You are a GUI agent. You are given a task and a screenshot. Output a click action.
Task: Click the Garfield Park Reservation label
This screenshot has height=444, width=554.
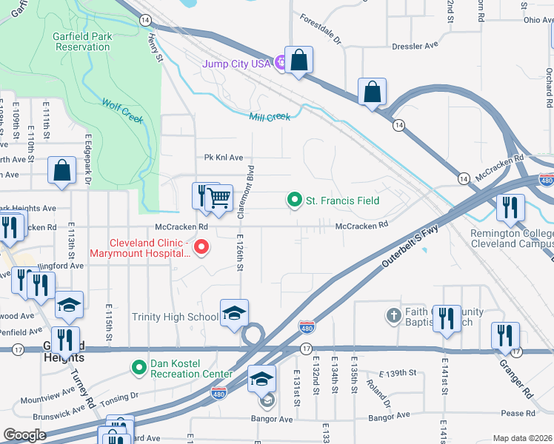(x=81, y=41)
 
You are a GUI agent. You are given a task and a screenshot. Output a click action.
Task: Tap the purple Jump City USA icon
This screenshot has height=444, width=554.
(x=279, y=64)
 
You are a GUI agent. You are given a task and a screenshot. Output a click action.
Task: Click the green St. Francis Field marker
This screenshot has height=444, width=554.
(x=295, y=201)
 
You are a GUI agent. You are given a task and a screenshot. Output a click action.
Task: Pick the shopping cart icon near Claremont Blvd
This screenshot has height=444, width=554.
(x=218, y=198)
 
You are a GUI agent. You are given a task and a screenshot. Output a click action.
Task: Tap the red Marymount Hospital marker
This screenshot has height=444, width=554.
(x=199, y=248)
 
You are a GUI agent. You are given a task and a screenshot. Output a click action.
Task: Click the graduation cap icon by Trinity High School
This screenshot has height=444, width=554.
(x=234, y=314)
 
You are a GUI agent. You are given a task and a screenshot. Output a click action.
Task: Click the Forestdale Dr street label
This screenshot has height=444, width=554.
(x=320, y=29)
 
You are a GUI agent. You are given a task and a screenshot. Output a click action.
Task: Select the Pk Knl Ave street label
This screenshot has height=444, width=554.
(x=224, y=158)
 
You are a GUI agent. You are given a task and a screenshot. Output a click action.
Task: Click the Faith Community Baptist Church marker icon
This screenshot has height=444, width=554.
(x=394, y=317)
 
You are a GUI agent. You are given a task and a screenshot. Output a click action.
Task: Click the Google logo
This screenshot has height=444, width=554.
(x=24, y=434)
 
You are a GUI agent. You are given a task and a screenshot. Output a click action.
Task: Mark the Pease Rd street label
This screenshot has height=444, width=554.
(x=517, y=413)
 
